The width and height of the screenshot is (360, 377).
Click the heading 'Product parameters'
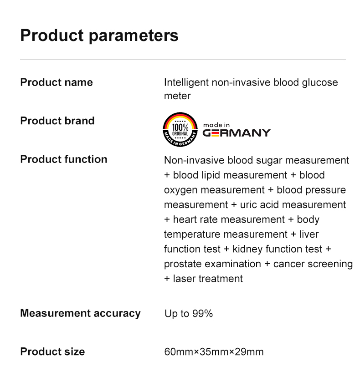[x=99, y=36]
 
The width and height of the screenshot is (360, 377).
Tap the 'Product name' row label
[x=57, y=82]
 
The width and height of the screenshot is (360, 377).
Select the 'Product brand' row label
[x=57, y=121]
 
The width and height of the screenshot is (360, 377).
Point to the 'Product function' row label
[x=64, y=159]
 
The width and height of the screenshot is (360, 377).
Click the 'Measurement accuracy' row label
[x=80, y=313]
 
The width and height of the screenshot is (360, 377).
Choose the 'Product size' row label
[x=53, y=352]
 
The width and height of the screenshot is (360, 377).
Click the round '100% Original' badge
[x=180, y=130]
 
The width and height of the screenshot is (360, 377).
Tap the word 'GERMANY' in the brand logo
[x=237, y=133]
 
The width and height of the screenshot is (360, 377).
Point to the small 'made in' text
[x=216, y=125]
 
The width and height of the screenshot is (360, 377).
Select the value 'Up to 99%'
[x=189, y=314]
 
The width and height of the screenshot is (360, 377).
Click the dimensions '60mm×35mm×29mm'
[x=214, y=352]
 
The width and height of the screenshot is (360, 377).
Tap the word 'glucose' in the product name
[x=320, y=83]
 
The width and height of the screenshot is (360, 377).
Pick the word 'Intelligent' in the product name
[x=186, y=83]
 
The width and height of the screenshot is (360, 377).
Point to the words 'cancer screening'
[x=313, y=264]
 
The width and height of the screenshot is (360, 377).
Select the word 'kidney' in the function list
[x=247, y=250]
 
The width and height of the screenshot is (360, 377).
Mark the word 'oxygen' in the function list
[x=181, y=190]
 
